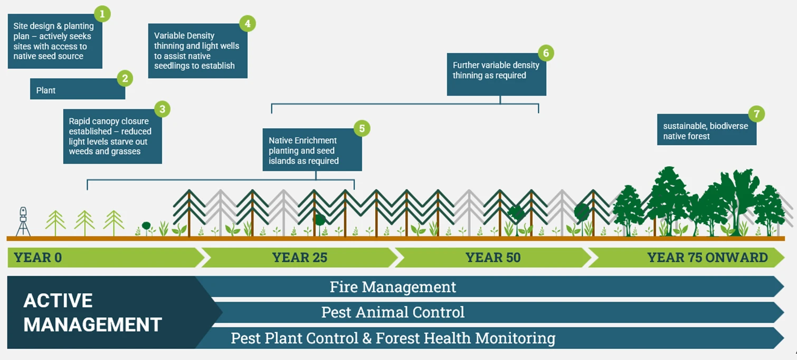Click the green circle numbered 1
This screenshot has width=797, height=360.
point(102,13)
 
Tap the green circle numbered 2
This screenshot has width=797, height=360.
point(125,79)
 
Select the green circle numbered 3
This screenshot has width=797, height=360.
point(162,109)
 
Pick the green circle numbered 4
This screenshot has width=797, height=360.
point(247,23)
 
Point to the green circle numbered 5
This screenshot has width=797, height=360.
point(362,128)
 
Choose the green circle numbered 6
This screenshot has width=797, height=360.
point(546,53)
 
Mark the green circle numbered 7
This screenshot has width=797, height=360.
point(756,114)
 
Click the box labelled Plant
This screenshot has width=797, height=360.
point(77,90)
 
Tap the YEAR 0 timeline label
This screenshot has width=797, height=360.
point(37,258)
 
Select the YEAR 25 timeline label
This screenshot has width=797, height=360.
point(299,258)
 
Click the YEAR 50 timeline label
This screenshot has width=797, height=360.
point(492,258)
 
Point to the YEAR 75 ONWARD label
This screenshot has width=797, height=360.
point(707,258)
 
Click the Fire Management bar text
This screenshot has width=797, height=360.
point(393,287)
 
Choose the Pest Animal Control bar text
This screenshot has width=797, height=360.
point(393,312)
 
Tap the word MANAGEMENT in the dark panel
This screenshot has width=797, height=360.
point(92,324)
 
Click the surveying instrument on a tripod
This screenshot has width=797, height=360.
point(23,221)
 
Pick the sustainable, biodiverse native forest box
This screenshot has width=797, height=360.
point(706,131)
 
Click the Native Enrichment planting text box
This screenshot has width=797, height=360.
point(312,150)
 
